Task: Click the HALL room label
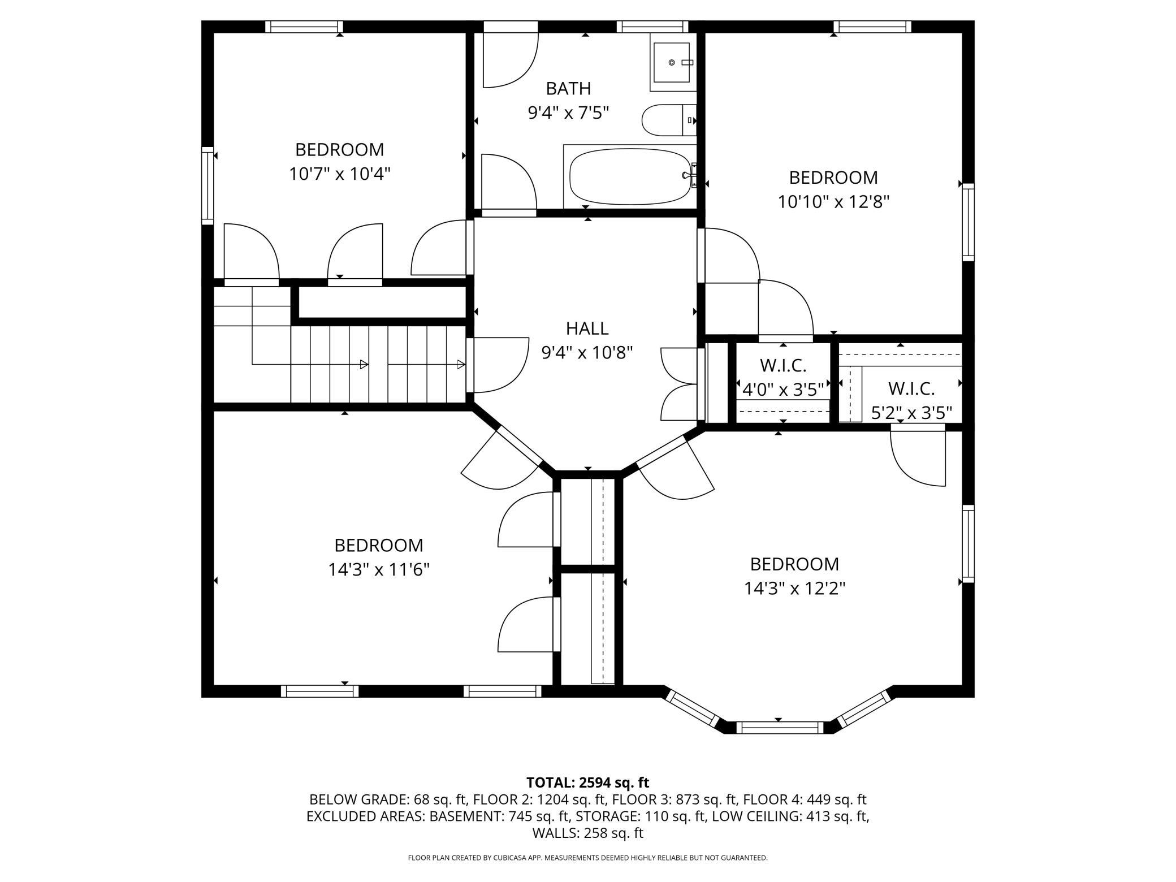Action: [x=587, y=328]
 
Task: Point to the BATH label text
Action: [x=568, y=88]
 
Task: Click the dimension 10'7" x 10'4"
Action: [x=340, y=174]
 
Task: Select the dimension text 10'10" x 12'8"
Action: [x=833, y=202]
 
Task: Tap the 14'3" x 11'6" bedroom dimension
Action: [x=379, y=569]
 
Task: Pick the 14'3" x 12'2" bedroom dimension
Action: [x=794, y=589]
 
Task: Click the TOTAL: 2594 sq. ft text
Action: [x=587, y=782]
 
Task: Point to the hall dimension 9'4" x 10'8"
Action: [x=587, y=353]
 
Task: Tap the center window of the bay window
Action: [x=778, y=728]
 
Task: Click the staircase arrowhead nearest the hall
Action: [x=461, y=365]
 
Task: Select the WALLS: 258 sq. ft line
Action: [x=587, y=833]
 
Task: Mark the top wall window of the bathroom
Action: [x=652, y=27]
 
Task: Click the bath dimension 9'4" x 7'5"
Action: [x=568, y=113]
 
